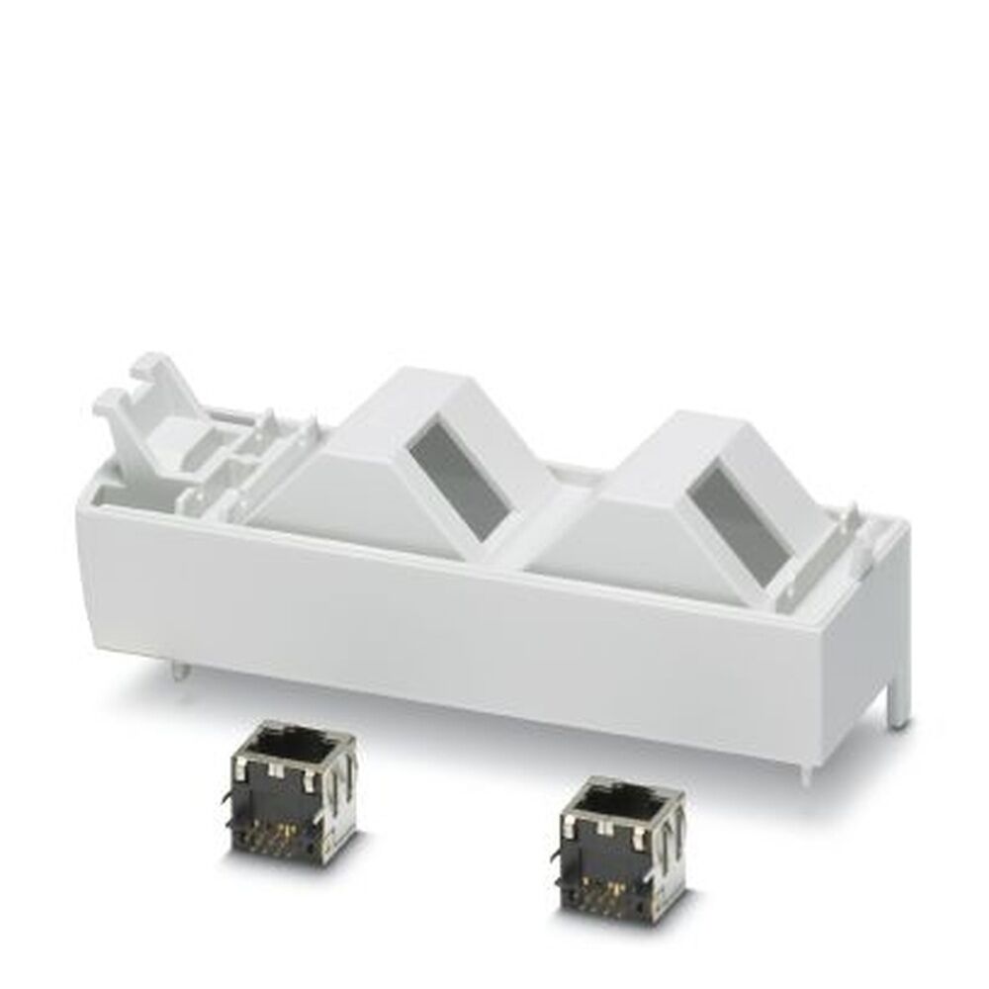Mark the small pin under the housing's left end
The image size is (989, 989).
coord(175,672)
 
